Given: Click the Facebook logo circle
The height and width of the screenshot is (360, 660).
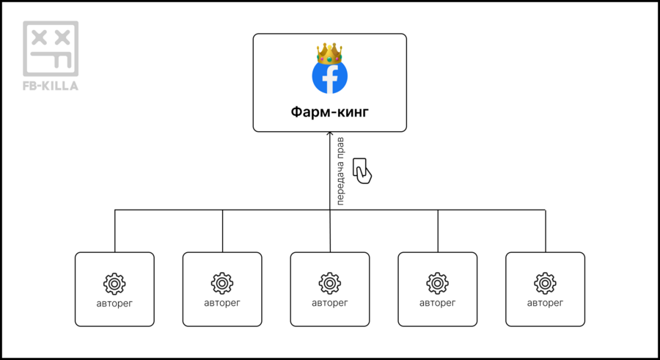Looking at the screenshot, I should [330, 76].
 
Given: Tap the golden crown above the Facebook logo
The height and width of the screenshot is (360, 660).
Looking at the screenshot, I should [330, 53].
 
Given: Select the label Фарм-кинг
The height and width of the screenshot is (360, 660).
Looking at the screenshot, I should [330, 113].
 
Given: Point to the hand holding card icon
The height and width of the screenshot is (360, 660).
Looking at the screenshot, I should [362, 170].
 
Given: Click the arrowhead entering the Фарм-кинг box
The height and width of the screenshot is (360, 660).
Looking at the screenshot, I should [330, 136].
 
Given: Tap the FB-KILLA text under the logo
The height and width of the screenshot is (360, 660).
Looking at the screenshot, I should [51, 86].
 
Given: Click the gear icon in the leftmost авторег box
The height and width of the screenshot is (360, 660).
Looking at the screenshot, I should [114, 283].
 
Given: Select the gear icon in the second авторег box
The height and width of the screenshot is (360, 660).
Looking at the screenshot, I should [222, 283].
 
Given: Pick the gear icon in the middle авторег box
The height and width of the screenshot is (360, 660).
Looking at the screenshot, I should [330, 283].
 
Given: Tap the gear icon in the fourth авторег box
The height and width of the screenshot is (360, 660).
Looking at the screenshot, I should [438, 283].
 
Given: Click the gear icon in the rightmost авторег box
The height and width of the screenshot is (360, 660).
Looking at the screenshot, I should [545, 283].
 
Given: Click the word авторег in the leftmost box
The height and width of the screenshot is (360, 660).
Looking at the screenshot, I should [114, 302].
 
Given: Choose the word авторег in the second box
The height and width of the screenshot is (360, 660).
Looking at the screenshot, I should [222, 302].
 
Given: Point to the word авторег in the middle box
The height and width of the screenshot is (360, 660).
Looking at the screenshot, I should [330, 302].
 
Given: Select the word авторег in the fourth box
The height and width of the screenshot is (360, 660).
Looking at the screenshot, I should [438, 302].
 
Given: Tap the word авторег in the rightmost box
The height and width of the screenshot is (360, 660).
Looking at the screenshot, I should [545, 302].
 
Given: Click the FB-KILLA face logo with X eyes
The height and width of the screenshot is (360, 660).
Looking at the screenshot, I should [51, 48].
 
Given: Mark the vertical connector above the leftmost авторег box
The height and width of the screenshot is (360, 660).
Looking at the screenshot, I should [115, 231].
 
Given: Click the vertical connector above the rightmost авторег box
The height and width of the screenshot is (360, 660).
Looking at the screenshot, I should [546, 231].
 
